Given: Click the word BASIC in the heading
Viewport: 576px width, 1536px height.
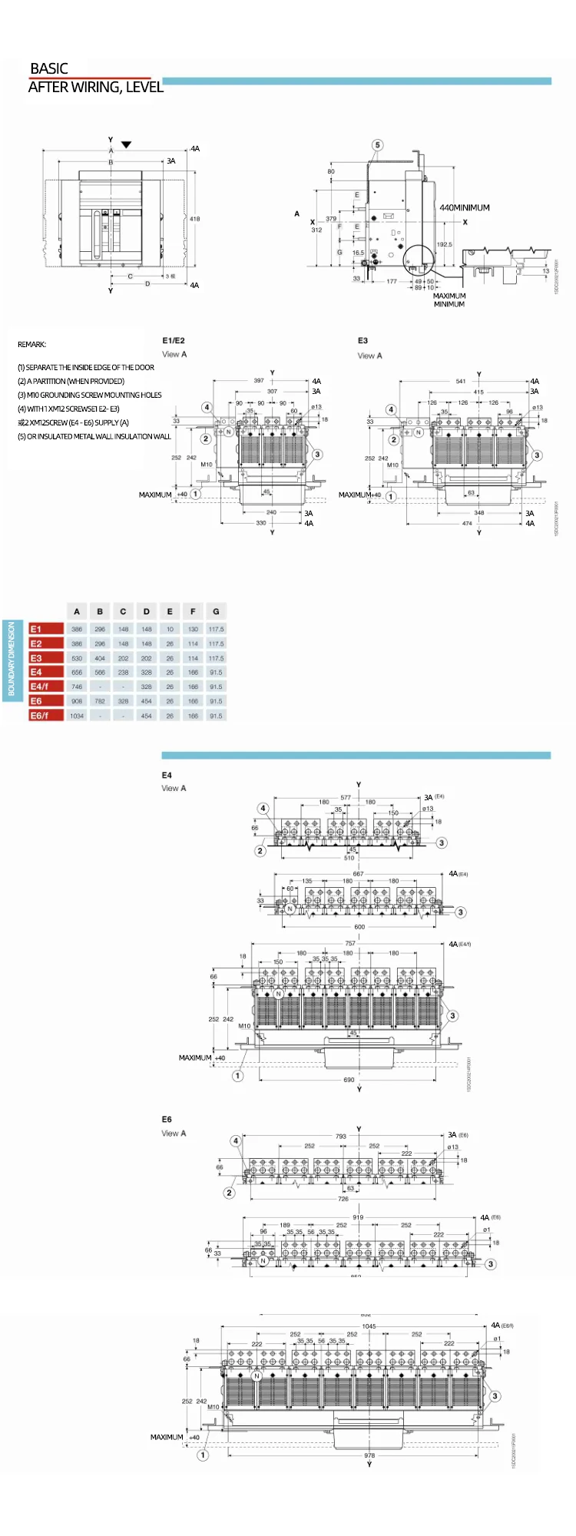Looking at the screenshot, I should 49,68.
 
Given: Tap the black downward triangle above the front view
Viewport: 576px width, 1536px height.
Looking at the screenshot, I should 127,144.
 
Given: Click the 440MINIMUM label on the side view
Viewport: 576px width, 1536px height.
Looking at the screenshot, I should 464,207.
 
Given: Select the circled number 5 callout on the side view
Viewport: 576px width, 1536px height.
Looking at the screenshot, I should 377,145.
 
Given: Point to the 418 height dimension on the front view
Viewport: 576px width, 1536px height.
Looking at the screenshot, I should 194,219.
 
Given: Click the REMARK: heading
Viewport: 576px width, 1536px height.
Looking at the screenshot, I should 32,344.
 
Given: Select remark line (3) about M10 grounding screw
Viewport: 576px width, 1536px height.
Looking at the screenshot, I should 90,395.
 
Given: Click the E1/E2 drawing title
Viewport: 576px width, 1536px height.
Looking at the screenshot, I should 174,340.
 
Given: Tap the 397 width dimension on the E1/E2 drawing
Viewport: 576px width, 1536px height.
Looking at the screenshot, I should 259,380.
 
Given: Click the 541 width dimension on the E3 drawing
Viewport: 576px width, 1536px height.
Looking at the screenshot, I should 461,381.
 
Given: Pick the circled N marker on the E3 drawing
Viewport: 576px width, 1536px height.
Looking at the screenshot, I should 419,432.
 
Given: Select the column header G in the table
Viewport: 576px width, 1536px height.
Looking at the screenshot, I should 216,611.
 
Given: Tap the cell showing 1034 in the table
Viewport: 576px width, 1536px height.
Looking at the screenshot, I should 77,716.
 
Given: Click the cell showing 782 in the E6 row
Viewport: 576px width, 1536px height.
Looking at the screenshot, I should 100,701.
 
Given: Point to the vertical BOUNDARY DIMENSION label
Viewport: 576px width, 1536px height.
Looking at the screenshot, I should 12,659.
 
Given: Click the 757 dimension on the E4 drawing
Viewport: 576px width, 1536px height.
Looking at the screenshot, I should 350,943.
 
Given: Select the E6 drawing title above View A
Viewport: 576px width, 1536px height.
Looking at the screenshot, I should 167,1119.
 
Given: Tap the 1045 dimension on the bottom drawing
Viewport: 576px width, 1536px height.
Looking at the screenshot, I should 369,1326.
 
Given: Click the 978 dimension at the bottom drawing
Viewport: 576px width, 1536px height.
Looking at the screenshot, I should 369,1455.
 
